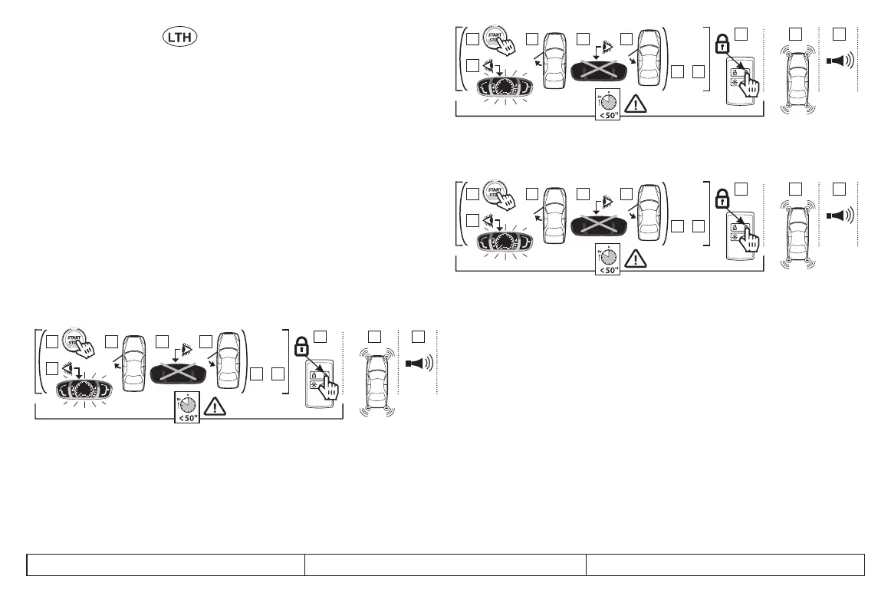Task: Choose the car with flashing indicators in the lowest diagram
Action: [x=376, y=382]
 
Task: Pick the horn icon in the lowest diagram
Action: [x=421, y=361]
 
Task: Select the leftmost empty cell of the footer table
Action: [x=166, y=564]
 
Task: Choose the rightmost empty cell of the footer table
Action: [x=725, y=564]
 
